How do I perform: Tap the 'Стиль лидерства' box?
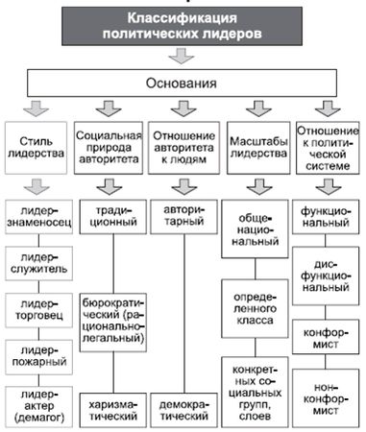coord(37,144)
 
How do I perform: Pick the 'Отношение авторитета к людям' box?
coord(183,144)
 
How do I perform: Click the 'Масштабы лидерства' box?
coord(255,144)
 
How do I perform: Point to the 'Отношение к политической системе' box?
coord(327,143)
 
